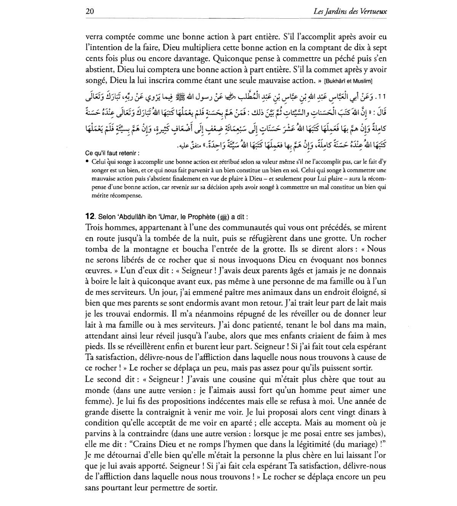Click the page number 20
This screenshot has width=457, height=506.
(x=90, y=12)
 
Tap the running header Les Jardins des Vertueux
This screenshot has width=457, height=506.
(x=350, y=12)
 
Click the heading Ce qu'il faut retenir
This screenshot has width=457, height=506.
(x=112, y=153)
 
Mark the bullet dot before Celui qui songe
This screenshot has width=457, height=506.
(x=87, y=161)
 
